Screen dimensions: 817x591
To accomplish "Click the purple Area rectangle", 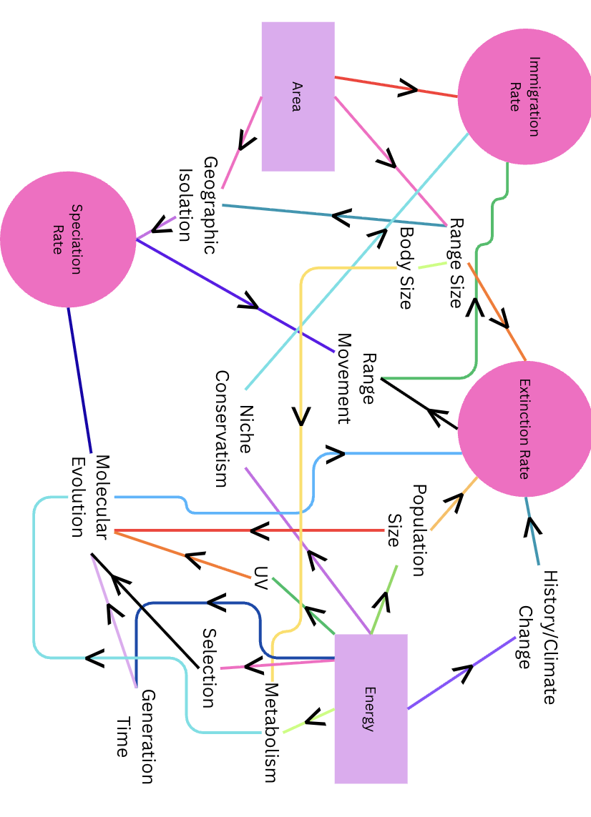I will (x=298, y=96).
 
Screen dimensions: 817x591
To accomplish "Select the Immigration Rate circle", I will (x=524, y=96).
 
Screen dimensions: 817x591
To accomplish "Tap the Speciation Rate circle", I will (x=67, y=239).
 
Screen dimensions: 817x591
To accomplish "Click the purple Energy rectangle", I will (x=371, y=708).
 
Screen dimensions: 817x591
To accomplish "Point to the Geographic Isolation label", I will (x=197, y=205).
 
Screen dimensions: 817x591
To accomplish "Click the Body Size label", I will (x=406, y=268).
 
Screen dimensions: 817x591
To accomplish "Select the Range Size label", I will (x=456, y=264).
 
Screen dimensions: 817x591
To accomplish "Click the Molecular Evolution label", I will (x=90, y=495).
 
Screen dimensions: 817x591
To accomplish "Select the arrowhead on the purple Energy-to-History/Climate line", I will (x=464, y=673).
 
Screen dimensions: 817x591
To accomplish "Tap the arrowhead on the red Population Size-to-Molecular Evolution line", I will (x=259, y=531).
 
